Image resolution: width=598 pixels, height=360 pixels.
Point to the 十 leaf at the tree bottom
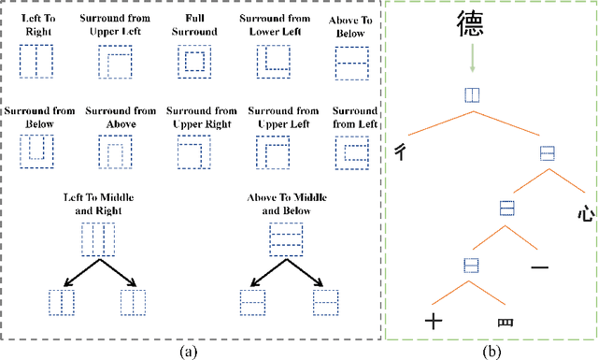[433, 322]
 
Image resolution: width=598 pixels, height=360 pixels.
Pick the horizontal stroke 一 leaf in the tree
[539, 268]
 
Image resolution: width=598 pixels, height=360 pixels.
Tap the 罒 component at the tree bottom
[505, 323]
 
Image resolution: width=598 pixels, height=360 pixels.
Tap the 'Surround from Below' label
[37, 117]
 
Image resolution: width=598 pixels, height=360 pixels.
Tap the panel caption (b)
[491, 352]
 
